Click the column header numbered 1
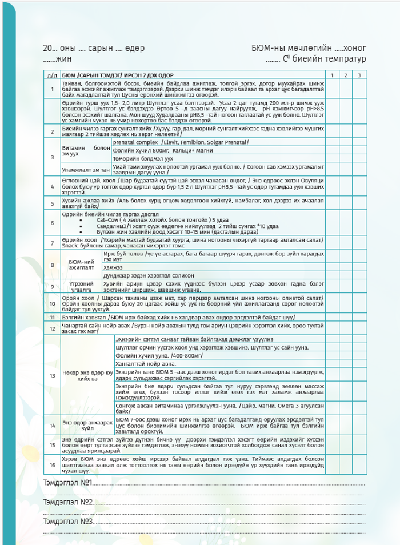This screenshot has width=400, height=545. pos(330,75)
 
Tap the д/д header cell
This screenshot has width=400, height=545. pos(52,75)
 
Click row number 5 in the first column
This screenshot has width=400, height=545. pos(52,205)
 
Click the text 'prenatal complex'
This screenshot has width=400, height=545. pos(135,141)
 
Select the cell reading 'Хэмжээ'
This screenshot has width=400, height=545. pos(113,266)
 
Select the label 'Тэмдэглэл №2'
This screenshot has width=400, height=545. pos(68,502)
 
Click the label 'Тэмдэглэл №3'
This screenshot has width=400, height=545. pos(68,522)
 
